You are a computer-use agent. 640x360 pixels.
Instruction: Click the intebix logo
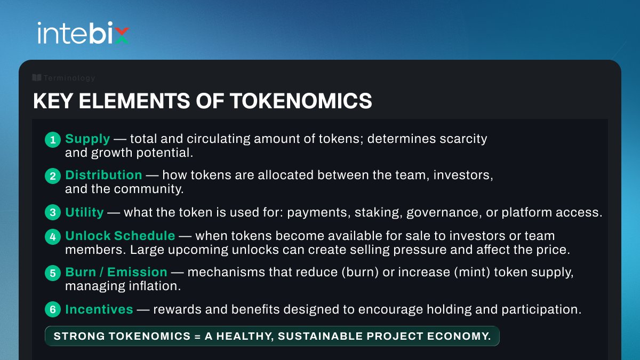83,33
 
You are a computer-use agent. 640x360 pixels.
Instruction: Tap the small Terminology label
69,78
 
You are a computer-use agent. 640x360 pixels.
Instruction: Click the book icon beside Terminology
37,78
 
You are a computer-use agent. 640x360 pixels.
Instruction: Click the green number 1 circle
53,140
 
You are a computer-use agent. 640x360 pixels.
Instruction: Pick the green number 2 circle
53,175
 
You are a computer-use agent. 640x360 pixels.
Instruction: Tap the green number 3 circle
53,213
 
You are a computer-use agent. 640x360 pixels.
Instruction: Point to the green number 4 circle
53,236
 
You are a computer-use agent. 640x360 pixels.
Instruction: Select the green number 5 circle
53,273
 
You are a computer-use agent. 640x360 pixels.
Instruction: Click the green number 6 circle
53,309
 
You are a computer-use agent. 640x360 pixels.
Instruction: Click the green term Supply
87,139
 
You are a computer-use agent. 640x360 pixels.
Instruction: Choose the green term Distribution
103,175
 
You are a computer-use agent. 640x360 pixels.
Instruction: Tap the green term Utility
84,212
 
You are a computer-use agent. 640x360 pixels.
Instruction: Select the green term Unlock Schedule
120,236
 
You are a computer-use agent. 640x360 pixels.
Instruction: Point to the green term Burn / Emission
116,273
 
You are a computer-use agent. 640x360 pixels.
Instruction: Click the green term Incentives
99,309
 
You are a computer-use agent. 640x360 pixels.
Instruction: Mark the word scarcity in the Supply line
460,139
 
